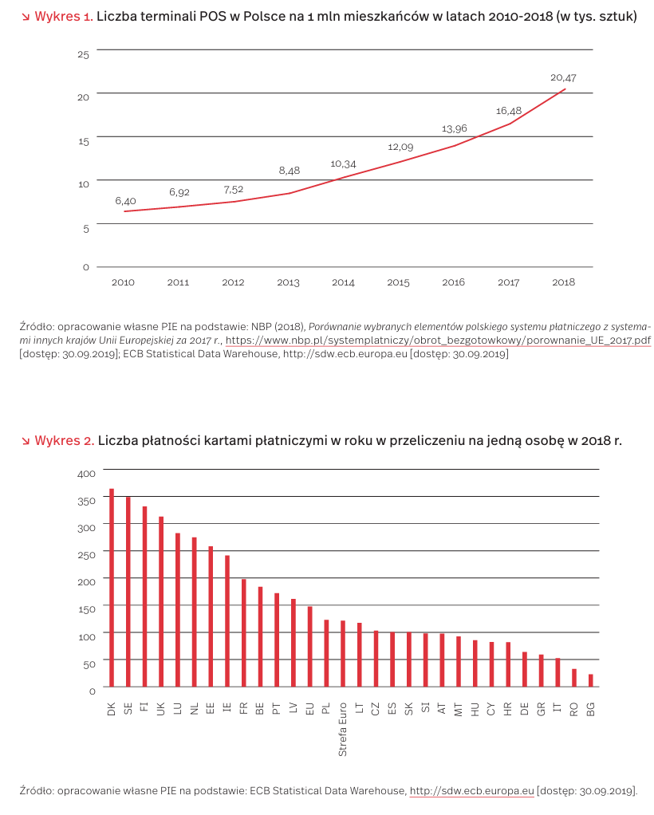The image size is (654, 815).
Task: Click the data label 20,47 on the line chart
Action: [563, 77]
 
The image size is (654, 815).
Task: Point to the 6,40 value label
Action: [125, 200]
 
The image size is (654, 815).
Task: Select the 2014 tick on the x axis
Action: [343, 282]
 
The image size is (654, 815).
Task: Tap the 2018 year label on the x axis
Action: [563, 282]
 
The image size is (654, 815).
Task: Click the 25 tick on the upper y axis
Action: [84, 53]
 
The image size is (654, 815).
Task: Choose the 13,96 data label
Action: [454, 128]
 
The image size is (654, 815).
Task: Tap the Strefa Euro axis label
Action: [343, 729]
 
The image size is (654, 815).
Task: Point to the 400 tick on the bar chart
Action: [86, 473]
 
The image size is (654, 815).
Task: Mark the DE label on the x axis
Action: [525, 708]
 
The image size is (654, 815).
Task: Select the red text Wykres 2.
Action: [65, 440]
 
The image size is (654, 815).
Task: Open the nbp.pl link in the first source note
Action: [438, 341]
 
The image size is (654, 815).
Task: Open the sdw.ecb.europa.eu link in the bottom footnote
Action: [471, 791]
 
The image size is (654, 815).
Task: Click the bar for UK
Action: [161, 601]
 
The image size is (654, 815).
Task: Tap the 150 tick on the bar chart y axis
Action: [86, 608]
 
